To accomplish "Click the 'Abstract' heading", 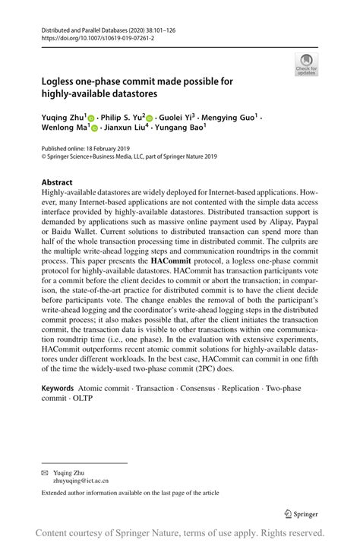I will coord(56,183).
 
